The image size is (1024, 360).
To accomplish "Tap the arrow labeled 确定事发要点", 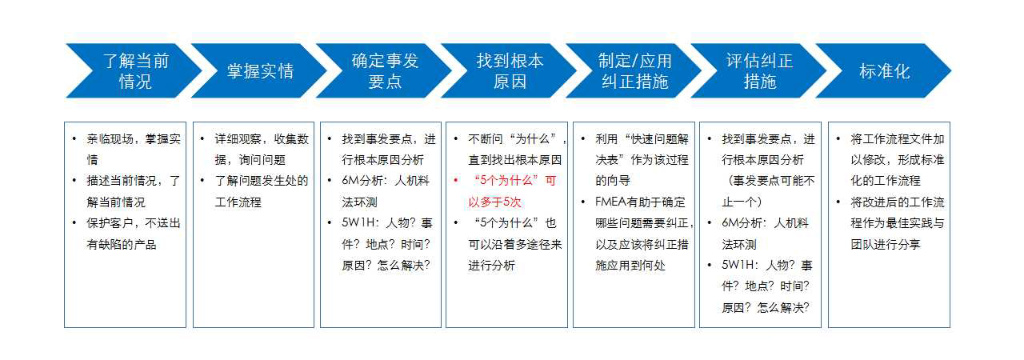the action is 385,71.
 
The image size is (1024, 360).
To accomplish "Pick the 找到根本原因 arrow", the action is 510,71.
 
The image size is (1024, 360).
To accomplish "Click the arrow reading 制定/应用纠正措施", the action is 634,71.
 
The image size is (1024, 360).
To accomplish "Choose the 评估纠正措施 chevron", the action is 759,71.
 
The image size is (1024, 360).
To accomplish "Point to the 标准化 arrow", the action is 884,71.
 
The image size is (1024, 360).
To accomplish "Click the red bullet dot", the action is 456,181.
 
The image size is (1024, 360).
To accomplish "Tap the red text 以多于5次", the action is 494,202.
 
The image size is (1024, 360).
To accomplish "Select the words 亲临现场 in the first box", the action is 110,139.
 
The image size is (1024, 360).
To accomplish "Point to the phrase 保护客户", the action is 110,223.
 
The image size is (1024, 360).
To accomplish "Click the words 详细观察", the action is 238,139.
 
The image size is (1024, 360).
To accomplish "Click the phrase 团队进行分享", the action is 886,245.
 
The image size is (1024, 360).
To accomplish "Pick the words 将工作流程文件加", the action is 898,139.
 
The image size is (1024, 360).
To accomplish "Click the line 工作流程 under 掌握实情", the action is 238,202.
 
